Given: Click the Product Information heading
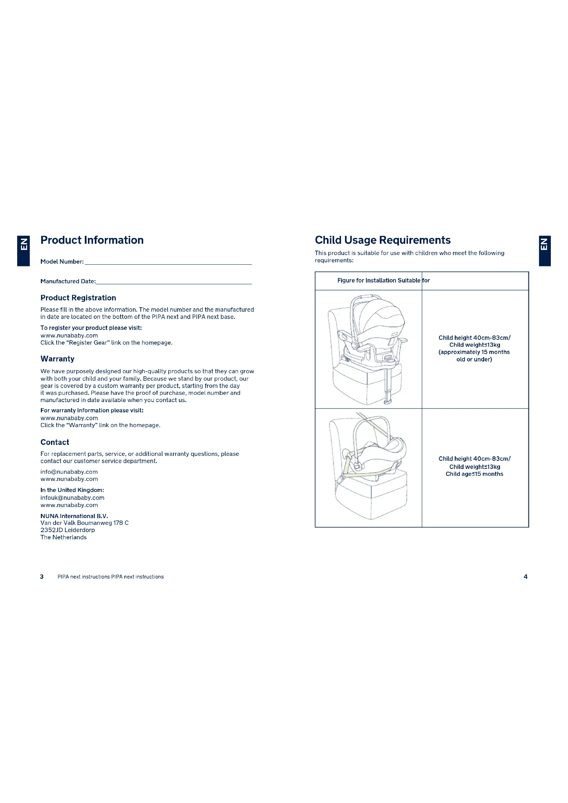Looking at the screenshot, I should click(92, 240).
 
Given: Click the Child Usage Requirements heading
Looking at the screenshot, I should click(382, 240).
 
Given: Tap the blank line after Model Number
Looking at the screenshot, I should click(168, 262).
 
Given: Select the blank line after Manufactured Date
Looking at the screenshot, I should click(174, 282).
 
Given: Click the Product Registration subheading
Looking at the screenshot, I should click(78, 298).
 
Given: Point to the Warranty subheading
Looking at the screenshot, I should click(57, 359).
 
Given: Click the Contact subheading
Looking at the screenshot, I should click(55, 442).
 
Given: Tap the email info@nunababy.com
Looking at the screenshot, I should click(69, 472).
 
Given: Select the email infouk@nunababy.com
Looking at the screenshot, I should click(72, 498).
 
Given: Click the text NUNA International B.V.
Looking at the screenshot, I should click(74, 516).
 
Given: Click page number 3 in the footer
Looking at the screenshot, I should click(42, 577).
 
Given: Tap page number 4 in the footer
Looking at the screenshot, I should click(525, 577).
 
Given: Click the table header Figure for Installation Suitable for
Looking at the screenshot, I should click(383, 280).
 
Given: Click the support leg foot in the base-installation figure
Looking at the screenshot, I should click(387, 402).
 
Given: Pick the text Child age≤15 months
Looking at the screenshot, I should click(474, 474).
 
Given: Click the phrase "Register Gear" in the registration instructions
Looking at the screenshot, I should click(83, 343).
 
